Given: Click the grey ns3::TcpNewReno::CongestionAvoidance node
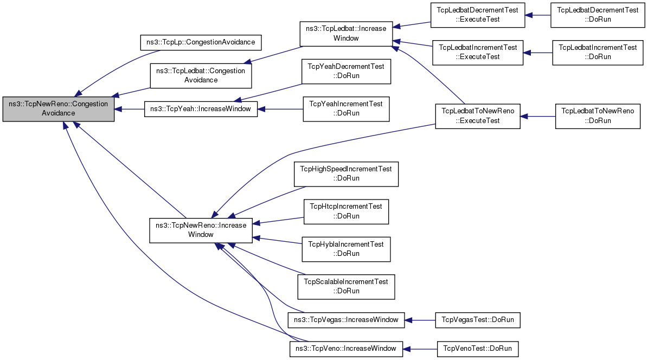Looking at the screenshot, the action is tap(58, 109).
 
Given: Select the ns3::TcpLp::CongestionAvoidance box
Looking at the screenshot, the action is tap(201, 43).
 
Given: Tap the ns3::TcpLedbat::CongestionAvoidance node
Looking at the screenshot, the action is tap(201, 76).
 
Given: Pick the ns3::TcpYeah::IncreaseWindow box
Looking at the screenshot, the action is tap(201, 109).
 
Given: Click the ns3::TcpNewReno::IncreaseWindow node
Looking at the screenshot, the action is tap(201, 230).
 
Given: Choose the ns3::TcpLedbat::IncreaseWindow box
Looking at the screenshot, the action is tap(346, 34).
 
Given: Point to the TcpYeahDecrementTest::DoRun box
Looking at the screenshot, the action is tap(347, 72).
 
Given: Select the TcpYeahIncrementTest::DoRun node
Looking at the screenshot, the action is tap(347, 109).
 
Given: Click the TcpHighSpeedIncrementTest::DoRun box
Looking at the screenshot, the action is tap(347, 174).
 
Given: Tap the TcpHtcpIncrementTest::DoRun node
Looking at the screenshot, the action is tap(347, 211).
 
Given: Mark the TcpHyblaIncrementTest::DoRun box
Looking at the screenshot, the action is tap(347, 249).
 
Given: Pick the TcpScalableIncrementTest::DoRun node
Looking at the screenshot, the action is tap(347, 287).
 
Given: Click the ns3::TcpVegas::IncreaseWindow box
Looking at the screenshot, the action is tap(346, 320).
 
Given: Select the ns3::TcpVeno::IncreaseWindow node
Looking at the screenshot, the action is tap(346, 349).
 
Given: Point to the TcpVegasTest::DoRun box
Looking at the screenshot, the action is tap(478, 320).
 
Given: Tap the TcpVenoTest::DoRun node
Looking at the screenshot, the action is tap(478, 349).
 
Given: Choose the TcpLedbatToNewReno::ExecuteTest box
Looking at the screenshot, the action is tap(478, 116).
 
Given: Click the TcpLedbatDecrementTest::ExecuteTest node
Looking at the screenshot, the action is tap(478, 15).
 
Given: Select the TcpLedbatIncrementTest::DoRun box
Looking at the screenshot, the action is tap(598, 53).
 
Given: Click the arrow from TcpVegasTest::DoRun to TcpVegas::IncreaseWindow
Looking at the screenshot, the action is tap(420, 320).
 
